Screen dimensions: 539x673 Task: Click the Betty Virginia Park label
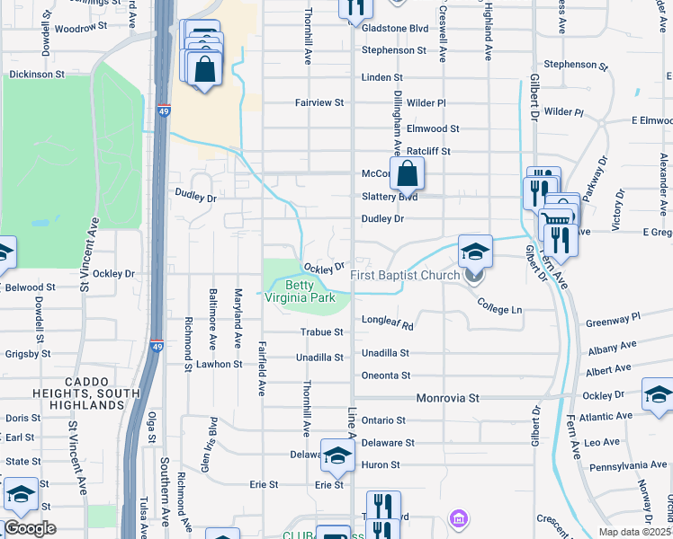pos(304,289)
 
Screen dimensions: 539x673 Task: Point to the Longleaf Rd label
pos(387,320)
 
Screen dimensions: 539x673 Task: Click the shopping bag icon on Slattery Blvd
pos(407,174)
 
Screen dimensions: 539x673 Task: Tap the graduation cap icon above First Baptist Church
pos(475,252)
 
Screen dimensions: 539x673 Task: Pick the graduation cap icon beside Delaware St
pos(337,457)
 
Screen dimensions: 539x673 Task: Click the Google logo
pos(30,528)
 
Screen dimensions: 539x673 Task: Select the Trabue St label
pos(322,331)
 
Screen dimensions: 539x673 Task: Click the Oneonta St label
pos(385,376)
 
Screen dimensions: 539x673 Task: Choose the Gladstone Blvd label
pos(394,29)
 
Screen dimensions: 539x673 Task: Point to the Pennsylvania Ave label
pos(627,465)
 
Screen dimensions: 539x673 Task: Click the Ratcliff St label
pos(428,152)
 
